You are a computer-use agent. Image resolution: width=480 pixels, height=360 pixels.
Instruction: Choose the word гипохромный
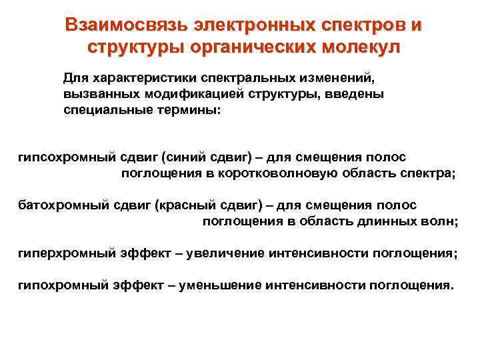pyautogui.click(x=56, y=285)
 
